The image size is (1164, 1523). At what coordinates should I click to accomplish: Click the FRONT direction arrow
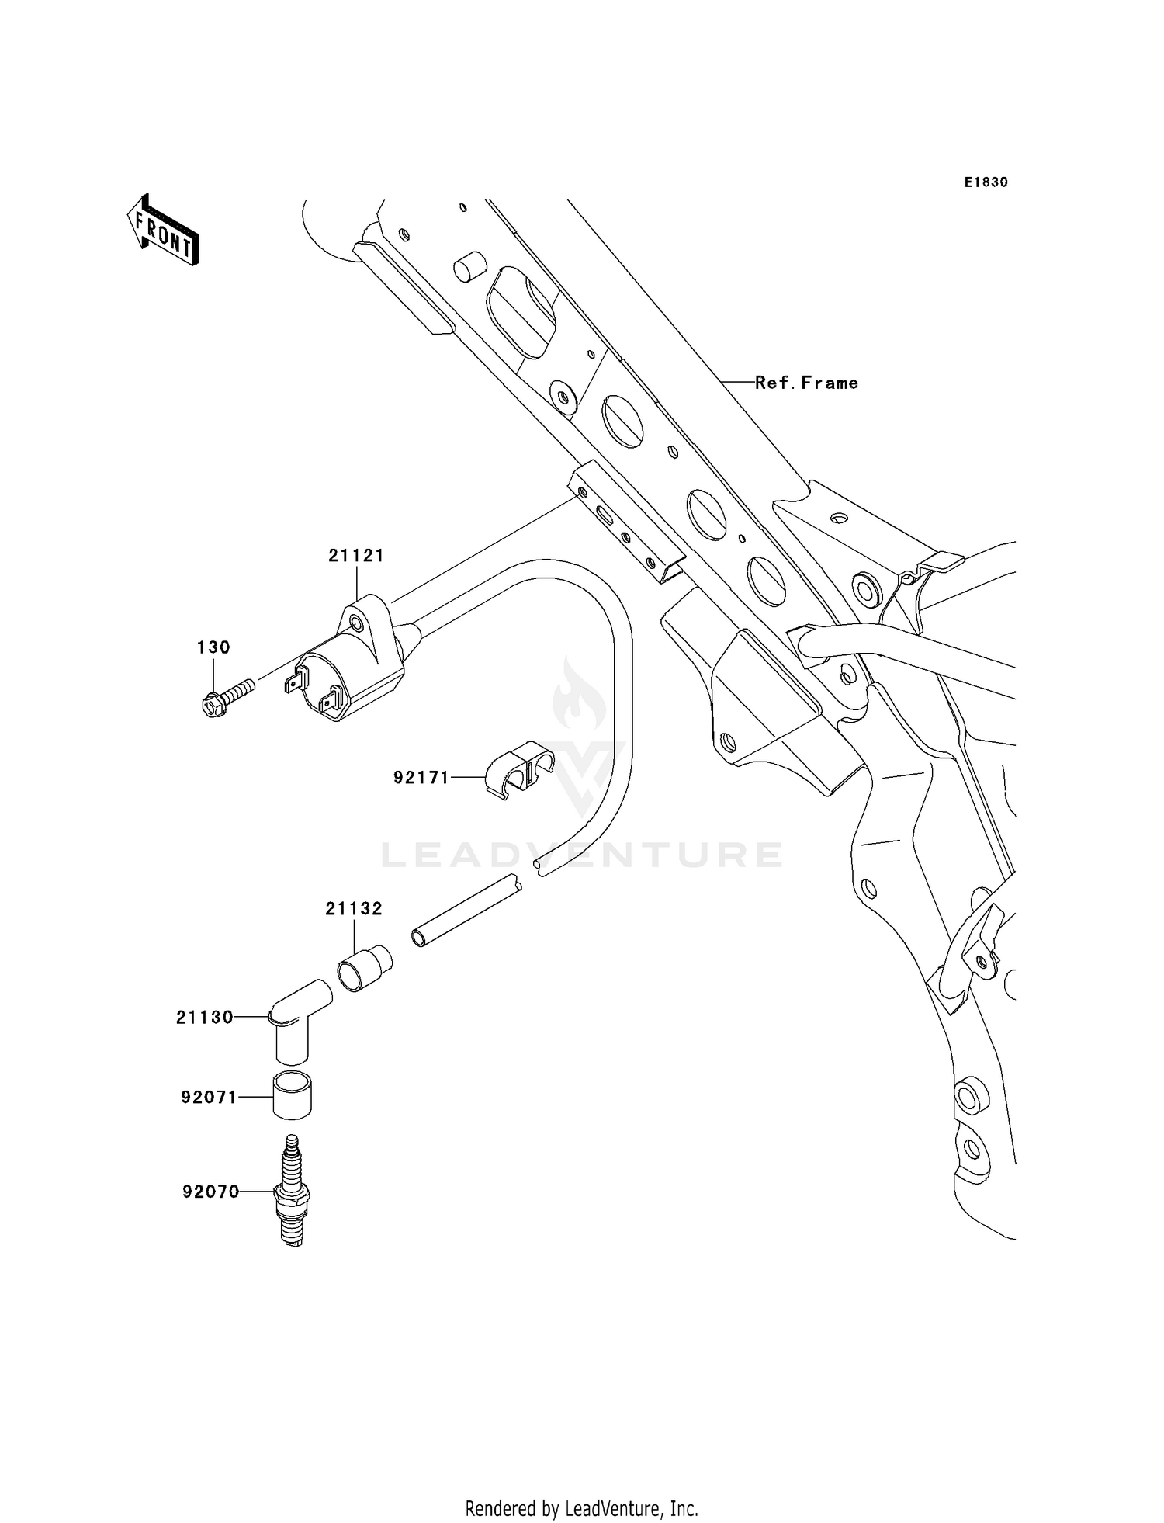pyautogui.click(x=164, y=231)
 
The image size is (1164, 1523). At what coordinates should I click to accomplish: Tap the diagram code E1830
pyautogui.click(x=986, y=182)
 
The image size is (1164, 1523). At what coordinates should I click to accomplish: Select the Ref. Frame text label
pyautogui.click(x=806, y=383)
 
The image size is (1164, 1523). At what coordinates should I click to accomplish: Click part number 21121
pyautogui.click(x=356, y=556)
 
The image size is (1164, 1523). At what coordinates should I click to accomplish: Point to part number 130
pyautogui.click(x=213, y=647)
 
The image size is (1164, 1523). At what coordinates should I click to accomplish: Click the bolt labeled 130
pyautogui.click(x=227, y=696)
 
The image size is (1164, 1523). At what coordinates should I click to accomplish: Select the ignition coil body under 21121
pyautogui.click(x=349, y=671)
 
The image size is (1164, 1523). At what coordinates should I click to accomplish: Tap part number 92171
pyautogui.click(x=421, y=777)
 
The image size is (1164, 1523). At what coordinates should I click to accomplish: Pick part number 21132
pyautogui.click(x=354, y=908)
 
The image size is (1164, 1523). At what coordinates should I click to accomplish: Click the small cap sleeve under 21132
pyautogui.click(x=364, y=968)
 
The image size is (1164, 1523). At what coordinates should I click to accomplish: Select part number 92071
pyautogui.click(x=209, y=1098)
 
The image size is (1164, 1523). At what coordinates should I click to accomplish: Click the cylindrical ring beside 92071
pyautogui.click(x=292, y=1095)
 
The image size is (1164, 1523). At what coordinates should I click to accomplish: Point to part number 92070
pyautogui.click(x=211, y=1192)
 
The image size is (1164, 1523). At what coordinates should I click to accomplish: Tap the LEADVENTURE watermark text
pyautogui.click(x=581, y=855)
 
